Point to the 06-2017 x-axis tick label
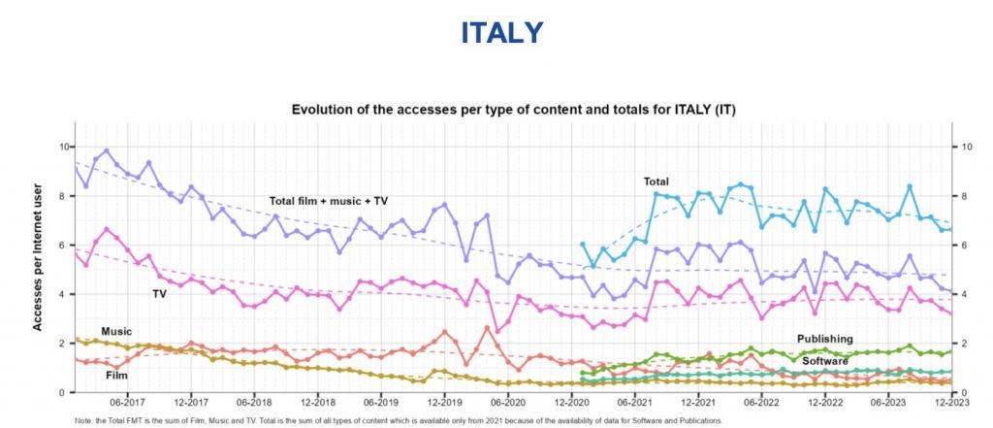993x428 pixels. [x=128, y=401]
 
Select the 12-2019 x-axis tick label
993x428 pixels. [x=443, y=401]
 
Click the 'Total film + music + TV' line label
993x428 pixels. [x=328, y=201]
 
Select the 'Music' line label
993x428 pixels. [x=116, y=332]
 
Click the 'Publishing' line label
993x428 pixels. [x=825, y=339]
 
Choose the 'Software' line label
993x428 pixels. [x=825, y=360]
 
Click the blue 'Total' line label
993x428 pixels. [x=658, y=181]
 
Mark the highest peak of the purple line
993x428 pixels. [x=106, y=150]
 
